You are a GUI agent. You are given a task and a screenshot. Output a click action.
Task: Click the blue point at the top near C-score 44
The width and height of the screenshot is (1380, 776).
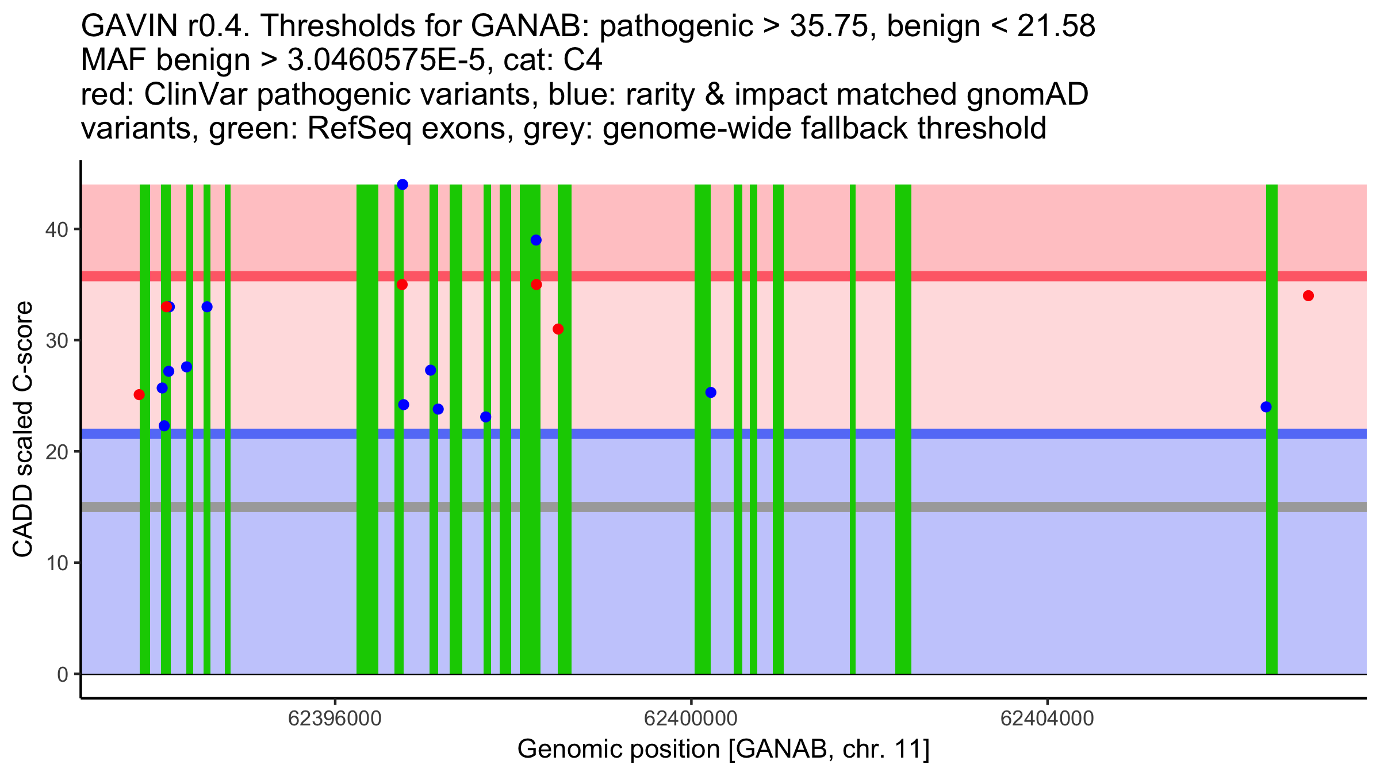[x=402, y=185]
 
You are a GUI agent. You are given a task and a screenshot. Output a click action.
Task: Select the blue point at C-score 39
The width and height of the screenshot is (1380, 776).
[x=536, y=240]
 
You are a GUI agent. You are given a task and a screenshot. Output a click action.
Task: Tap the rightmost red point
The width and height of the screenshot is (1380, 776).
[x=1308, y=296]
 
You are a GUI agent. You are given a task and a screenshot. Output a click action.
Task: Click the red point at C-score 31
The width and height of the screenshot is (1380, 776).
[x=558, y=329]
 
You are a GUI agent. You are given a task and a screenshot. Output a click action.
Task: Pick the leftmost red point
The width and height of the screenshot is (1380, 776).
[x=139, y=395]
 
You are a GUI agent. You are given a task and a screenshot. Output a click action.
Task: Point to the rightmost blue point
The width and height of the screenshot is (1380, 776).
[x=1266, y=407]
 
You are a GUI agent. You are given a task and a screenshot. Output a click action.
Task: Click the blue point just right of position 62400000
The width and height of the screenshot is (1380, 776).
[x=711, y=393]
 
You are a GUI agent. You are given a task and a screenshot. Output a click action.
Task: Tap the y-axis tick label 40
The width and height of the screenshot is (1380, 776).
[x=56, y=230]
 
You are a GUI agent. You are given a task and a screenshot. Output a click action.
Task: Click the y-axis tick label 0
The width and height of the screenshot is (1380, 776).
[x=62, y=675]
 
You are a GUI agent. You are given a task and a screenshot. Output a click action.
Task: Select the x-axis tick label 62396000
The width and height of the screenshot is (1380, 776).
[x=335, y=719]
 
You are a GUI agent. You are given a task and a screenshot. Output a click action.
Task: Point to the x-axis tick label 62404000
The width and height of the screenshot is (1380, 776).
[x=1047, y=719]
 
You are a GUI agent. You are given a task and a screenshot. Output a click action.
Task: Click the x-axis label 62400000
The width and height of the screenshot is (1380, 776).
[x=691, y=719]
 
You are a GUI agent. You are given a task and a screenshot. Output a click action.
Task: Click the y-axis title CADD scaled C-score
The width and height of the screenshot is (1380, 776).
[x=23, y=430]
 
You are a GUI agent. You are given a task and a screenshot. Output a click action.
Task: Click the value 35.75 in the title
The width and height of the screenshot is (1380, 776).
[x=828, y=26]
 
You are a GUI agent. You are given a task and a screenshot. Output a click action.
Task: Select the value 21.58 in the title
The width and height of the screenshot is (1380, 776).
[x=1056, y=26]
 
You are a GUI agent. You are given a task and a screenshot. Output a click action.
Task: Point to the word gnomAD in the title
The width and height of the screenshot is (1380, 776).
[x=1027, y=95]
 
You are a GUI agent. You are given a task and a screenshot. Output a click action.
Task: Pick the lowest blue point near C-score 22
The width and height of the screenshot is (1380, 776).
[x=164, y=426]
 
